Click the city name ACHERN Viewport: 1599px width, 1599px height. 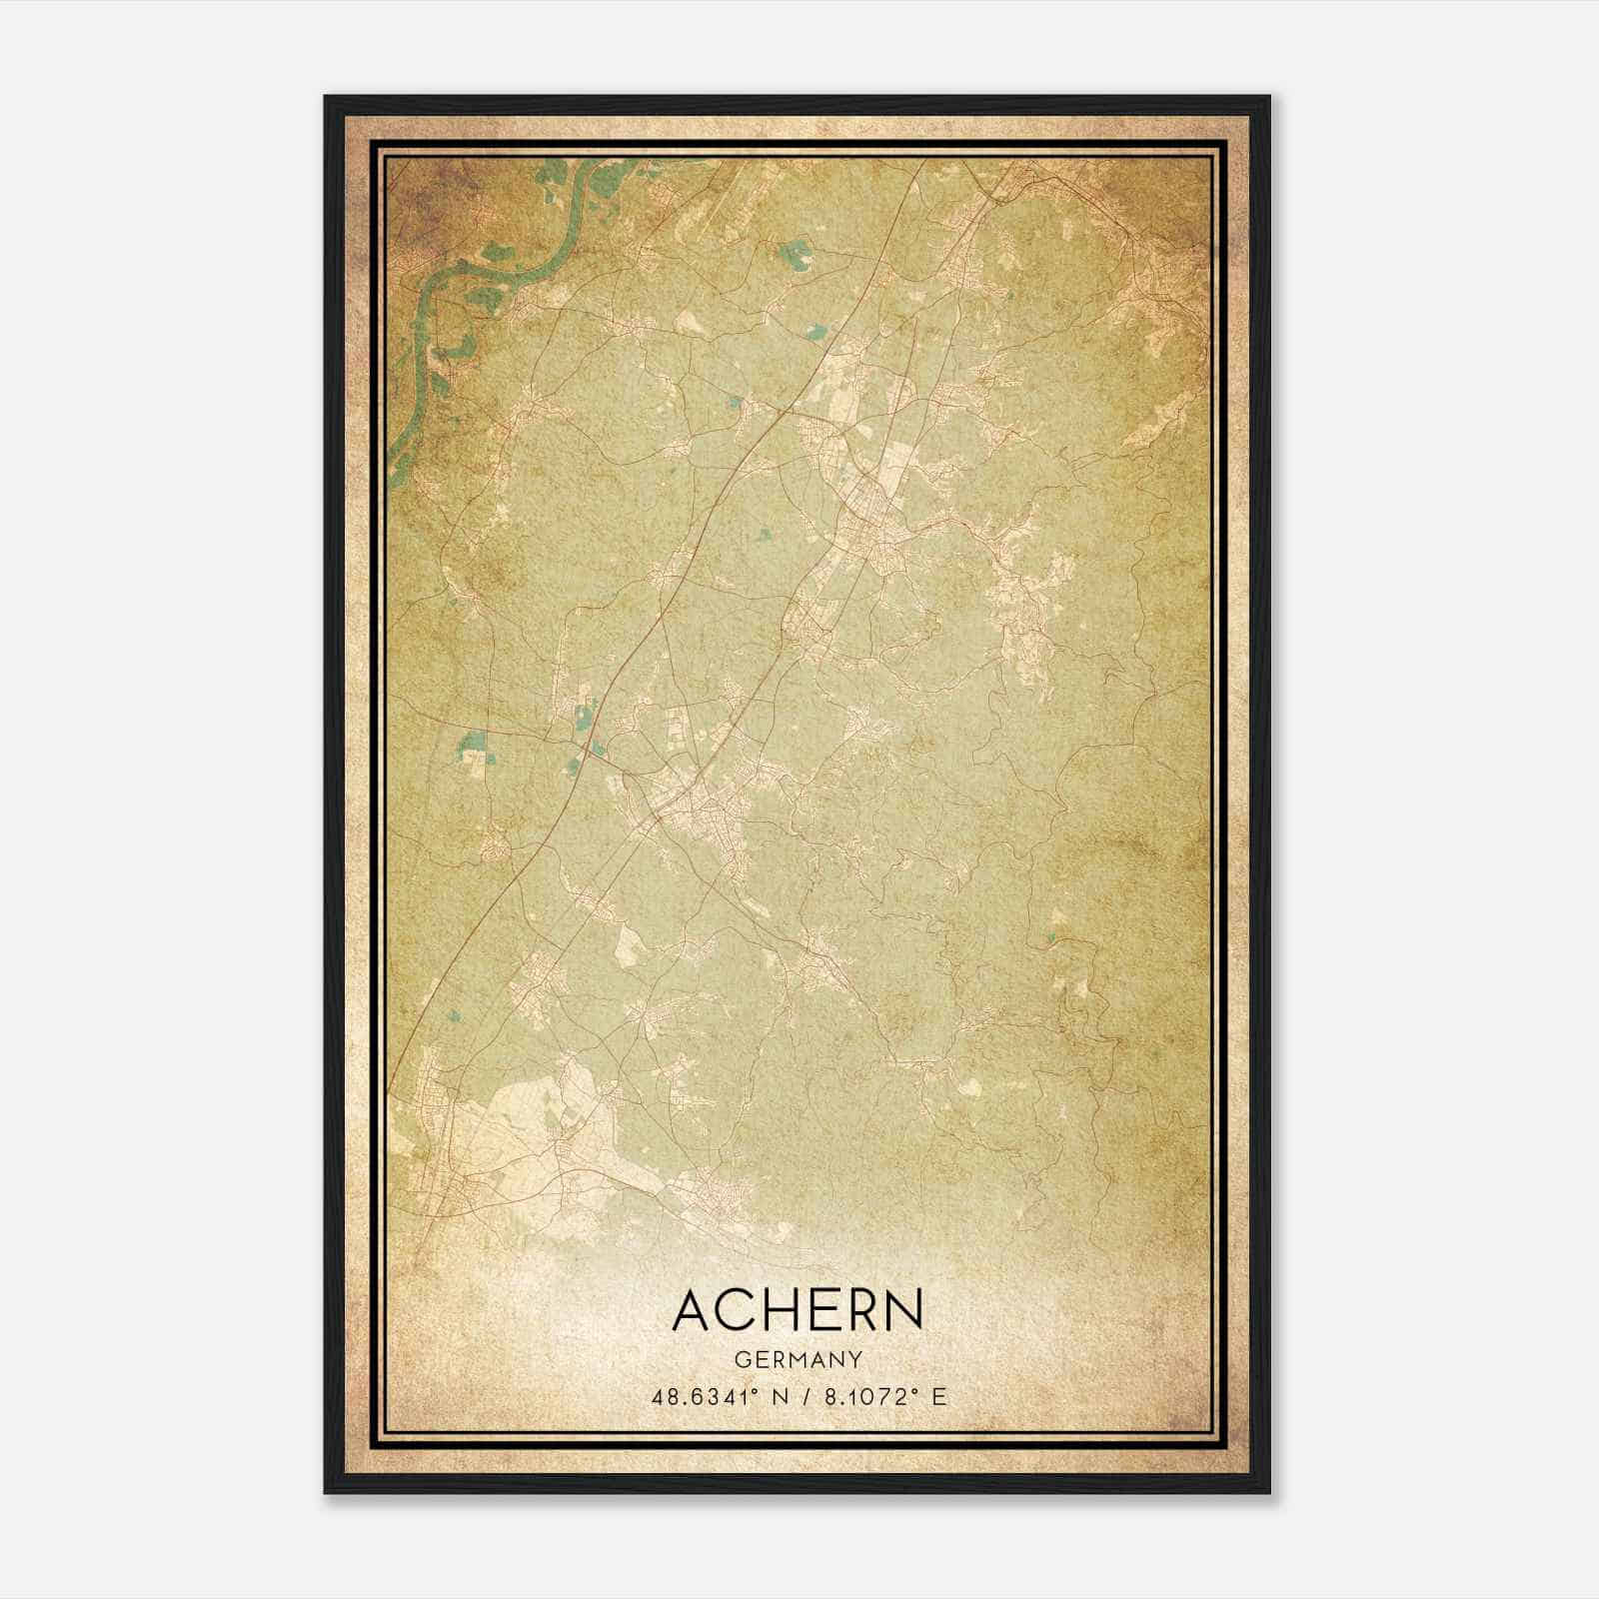pyautogui.click(x=798, y=1310)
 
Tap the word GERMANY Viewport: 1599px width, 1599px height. pyautogui.click(x=798, y=1359)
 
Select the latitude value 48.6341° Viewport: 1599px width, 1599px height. pyautogui.click(x=708, y=1396)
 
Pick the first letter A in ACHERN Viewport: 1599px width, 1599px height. pyautogui.click(x=693, y=1310)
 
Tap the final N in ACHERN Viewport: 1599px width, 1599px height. pyautogui.click(x=901, y=1310)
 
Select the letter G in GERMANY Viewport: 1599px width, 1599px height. pyautogui.click(x=740, y=1359)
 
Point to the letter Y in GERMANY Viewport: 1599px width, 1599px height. pyautogui.click(x=856, y=1359)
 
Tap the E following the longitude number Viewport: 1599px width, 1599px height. pyautogui.click(x=937, y=1396)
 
